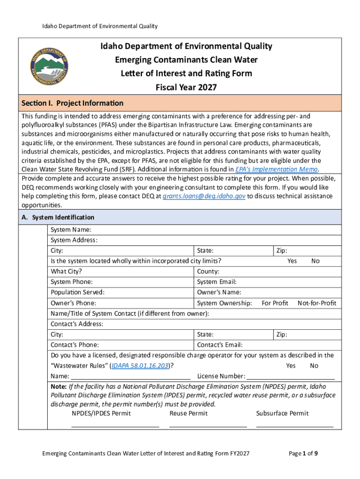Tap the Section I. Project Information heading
point(73,103)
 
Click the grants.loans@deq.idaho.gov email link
point(203,196)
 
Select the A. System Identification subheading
point(58,218)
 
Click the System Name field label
point(71,230)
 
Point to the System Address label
point(74,240)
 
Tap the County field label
point(208,271)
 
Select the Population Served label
point(77,292)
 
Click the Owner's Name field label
point(219,292)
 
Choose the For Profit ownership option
point(274,303)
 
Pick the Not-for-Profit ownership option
point(317,303)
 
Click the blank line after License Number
point(290,377)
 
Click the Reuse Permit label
point(188,413)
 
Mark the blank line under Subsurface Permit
point(295,426)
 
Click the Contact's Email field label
point(220,345)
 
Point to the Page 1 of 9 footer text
point(303,453)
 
